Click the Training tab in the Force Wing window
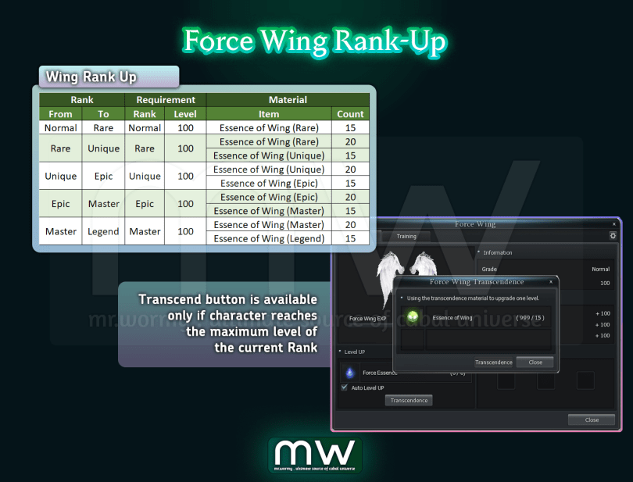click(406, 236)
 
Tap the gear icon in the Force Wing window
click(613, 235)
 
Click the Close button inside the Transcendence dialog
click(535, 362)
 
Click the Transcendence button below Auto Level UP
click(409, 400)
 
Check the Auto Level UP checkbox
click(345, 387)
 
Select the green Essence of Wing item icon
click(413, 317)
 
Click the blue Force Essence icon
click(349, 373)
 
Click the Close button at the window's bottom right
click(592, 420)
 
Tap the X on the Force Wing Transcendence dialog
click(551, 281)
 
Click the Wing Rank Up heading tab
click(109, 77)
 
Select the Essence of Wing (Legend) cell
click(269, 238)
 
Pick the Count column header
click(350, 114)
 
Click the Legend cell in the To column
click(104, 231)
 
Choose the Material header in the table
click(288, 100)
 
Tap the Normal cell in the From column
click(60, 127)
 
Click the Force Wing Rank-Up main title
click(315, 41)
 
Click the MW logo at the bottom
click(315, 455)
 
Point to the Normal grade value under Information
click(600, 269)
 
